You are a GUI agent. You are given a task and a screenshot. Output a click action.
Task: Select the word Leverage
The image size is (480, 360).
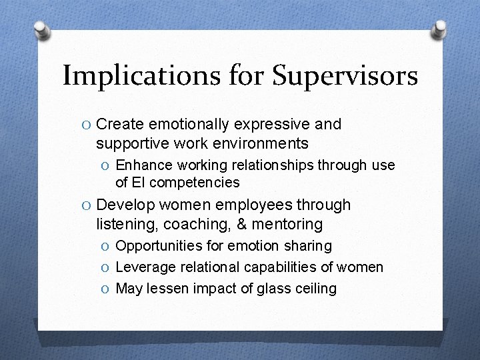click(x=143, y=267)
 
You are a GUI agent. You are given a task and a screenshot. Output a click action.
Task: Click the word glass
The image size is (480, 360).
click(x=270, y=289)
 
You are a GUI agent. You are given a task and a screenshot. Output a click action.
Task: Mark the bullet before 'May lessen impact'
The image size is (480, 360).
click(x=106, y=289)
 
